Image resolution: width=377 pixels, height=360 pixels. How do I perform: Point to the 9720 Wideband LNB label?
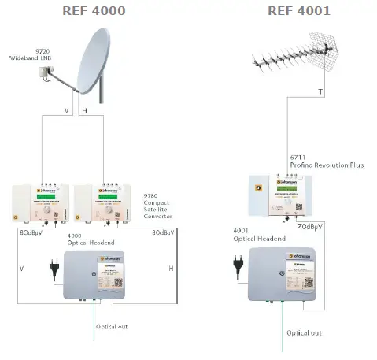(x=24, y=55)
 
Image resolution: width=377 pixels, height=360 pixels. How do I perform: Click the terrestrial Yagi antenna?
(x=295, y=63)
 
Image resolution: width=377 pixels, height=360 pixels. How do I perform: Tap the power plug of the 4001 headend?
(x=236, y=262)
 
